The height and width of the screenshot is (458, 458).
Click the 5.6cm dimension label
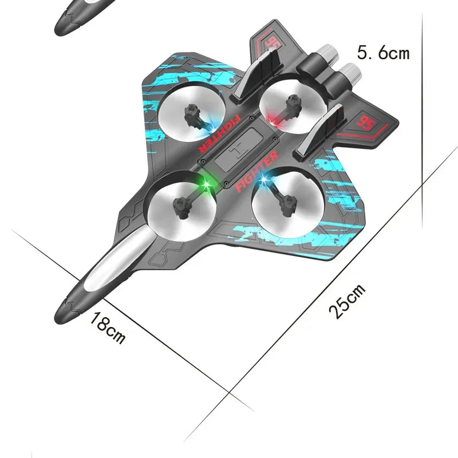click(x=384, y=53)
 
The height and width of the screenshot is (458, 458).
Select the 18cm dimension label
click(x=107, y=329)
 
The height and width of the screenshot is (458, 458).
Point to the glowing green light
click(x=204, y=184)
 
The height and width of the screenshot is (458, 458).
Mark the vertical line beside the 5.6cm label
click(x=423, y=114)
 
